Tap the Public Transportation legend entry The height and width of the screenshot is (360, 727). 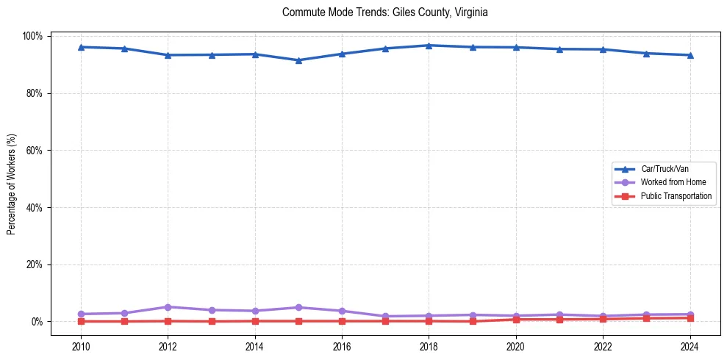(676, 196)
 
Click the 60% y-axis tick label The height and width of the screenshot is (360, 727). (35, 151)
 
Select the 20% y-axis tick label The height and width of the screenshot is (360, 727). (35, 264)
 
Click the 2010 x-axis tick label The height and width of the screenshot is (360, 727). (81, 346)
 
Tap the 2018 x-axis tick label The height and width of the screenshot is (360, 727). (429, 346)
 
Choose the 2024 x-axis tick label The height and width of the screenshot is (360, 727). (690, 346)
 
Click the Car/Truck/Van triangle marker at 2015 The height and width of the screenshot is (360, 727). (298, 60)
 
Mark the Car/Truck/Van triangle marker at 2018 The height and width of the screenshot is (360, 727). (429, 46)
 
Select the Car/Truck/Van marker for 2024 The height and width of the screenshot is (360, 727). (690, 55)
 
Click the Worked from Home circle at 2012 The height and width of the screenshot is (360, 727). (168, 307)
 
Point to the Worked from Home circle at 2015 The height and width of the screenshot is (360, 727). (298, 308)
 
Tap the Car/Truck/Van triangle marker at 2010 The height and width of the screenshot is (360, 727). (81, 47)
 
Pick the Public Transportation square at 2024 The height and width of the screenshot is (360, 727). (690, 318)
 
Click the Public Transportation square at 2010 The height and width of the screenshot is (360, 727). (81, 321)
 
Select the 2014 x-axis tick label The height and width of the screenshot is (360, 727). (254, 346)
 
